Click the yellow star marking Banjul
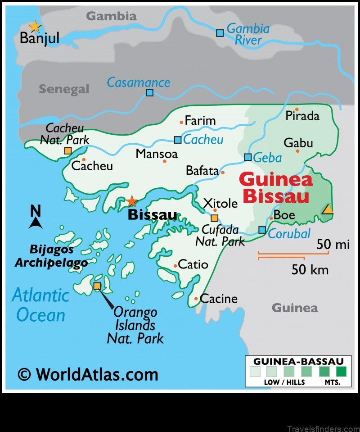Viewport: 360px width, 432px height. pyautogui.click(x=35, y=27)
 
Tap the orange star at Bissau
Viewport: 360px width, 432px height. pyautogui.click(x=131, y=201)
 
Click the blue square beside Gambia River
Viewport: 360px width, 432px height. pyautogui.click(x=220, y=33)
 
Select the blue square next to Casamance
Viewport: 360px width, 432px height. pyautogui.click(x=149, y=93)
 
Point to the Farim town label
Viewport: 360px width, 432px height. pyautogui.click(x=200, y=121)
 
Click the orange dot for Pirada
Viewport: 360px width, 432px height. pyautogui.click(x=297, y=109)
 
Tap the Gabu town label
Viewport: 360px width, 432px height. pyautogui.click(x=298, y=143)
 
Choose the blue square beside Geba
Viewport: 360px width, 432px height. pyautogui.click(x=247, y=157)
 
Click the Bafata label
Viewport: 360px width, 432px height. pyautogui.click(x=202, y=171)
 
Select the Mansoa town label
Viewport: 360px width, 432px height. pyautogui.click(x=157, y=154)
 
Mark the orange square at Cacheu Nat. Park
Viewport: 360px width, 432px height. pyautogui.click(x=67, y=151)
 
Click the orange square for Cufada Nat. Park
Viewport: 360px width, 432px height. pyautogui.click(x=214, y=218)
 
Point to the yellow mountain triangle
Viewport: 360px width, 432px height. pyautogui.click(x=328, y=209)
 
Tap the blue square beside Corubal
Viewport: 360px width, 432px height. pyautogui.click(x=262, y=230)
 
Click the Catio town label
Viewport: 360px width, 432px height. pyautogui.click(x=193, y=264)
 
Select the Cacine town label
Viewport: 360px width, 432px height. pyautogui.click(x=218, y=298)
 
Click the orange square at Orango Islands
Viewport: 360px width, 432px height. pyautogui.click(x=97, y=286)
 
